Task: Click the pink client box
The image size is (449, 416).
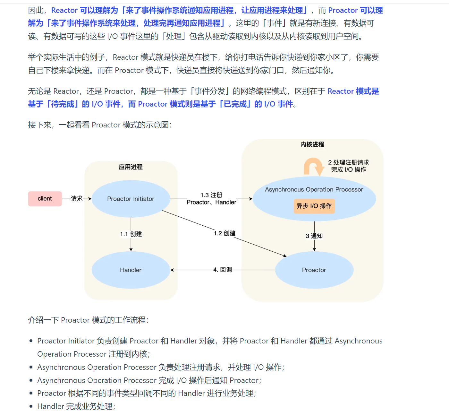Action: click(x=45, y=199)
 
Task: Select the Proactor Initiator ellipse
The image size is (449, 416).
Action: click(x=131, y=199)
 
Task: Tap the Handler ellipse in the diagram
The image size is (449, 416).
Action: click(x=131, y=270)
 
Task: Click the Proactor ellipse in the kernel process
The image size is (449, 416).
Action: click(x=314, y=270)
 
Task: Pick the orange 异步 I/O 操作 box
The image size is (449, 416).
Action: click(x=314, y=206)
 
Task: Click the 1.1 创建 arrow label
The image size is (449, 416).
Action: click(x=131, y=234)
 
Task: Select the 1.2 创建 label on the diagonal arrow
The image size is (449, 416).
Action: click(x=224, y=233)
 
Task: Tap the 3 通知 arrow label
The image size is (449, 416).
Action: click(x=314, y=236)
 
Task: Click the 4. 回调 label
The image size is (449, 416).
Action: click(x=223, y=270)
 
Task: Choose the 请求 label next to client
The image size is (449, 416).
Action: click(x=77, y=198)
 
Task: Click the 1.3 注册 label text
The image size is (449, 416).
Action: click(x=211, y=195)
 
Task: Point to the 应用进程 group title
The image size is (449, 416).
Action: click(x=131, y=167)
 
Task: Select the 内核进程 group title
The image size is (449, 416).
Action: click(x=312, y=144)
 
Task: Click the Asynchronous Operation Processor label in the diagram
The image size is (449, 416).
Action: click(x=314, y=189)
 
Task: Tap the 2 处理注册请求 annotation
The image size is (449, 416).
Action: click(x=348, y=162)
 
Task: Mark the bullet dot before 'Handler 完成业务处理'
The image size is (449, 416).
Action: click(x=31, y=406)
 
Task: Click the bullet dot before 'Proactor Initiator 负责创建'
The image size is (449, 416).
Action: click(x=31, y=341)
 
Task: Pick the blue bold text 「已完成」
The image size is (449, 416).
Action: click(x=235, y=104)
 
